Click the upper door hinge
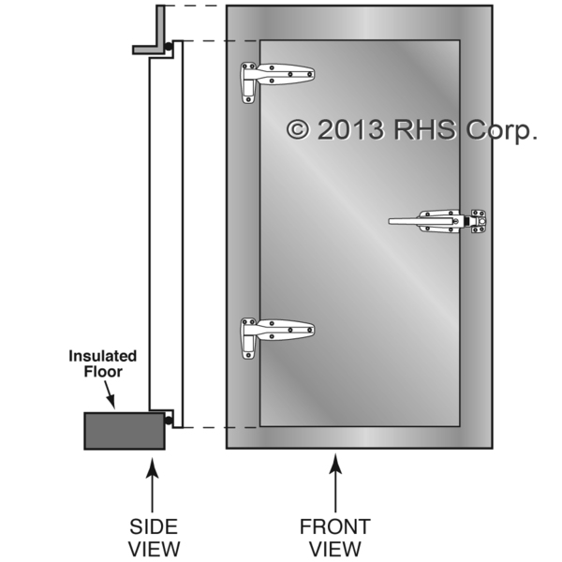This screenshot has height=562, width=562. coord(276,76)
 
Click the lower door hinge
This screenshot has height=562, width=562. coord(276,332)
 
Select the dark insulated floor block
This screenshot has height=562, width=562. coord(125,431)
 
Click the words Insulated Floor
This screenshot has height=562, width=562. coord(102,364)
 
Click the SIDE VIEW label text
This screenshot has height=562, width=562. coord(153,537)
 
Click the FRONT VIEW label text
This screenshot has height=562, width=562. coord(334,537)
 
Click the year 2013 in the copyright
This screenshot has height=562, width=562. coord(350,129)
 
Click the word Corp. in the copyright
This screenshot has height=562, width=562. coord(499,130)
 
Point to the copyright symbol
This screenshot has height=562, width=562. coord(298,129)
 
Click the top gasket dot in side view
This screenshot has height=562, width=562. coord(169,46)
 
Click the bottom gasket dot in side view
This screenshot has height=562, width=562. coord(169,421)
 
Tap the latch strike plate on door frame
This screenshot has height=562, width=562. coord(479,221)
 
